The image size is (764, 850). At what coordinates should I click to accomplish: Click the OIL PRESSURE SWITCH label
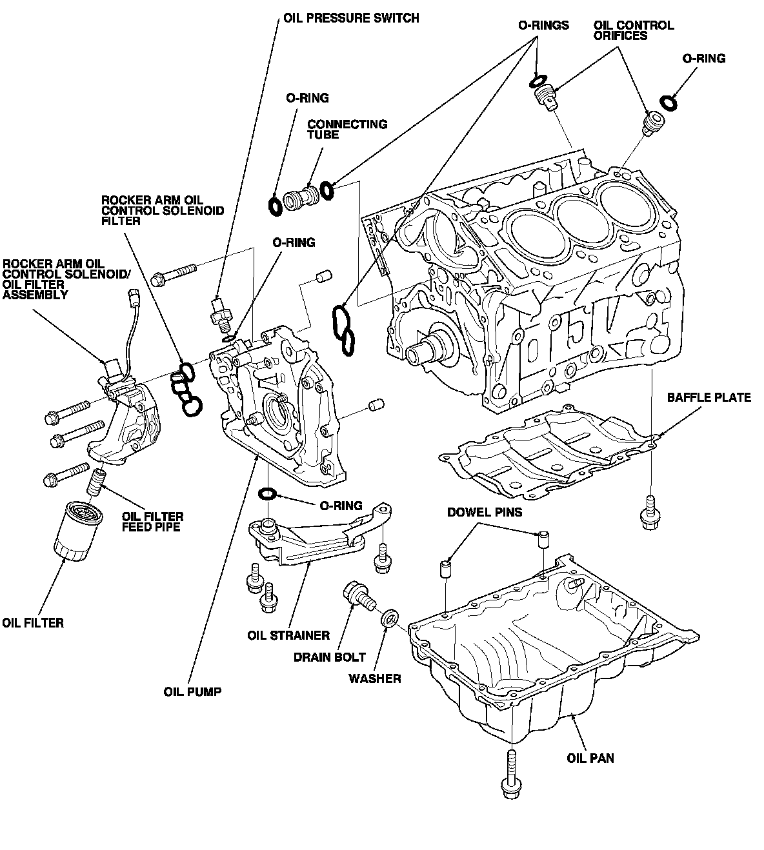pyautogui.click(x=351, y=18)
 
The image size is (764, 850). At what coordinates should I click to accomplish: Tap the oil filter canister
pyautogui.click(x=78, y=531)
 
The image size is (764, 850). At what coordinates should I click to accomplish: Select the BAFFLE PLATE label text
pyautogui.click(x=709, y=397)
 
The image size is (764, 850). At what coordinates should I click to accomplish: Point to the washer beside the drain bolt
pyautogui.click(x=390, y=618)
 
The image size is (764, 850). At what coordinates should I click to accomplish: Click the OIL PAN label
pyautogui.click(x=590, y=758)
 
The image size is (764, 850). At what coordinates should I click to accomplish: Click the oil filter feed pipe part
pyautogui.click(x=96, y=482)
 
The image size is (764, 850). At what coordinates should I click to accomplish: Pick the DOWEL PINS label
pyautogui.click(x=485, y=512)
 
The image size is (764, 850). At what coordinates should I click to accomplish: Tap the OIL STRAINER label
pyautogui.click(x=288, y=636)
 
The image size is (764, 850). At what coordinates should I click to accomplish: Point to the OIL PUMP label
pyautogui.click(x=192, y=692)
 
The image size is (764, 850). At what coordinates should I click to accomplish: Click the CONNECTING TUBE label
pyautogui.click(x=347, y=129)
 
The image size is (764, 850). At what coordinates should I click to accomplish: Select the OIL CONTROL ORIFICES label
pyautogui.click(x=634, y=30)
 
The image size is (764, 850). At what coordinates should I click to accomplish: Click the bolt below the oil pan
pyautogui.click(x=511, y=774)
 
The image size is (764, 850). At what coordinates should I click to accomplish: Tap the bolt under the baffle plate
pyautogui.click(x=650, y=513)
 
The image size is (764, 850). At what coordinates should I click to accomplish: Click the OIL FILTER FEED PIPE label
pyautogui.click(x=153, y=522)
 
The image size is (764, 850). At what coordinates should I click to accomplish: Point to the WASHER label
pyautogui.click(x=374, y=678)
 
